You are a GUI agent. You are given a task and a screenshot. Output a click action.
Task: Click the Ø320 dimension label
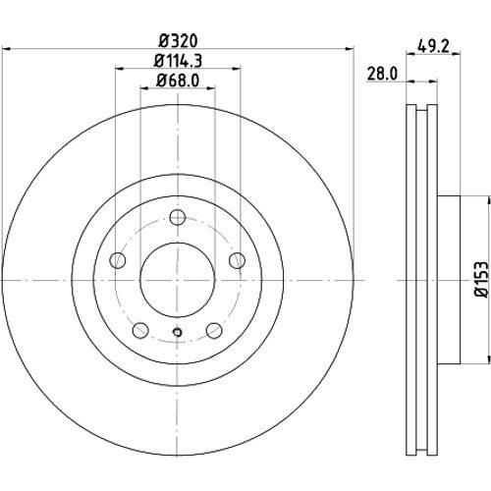tap(179, 41)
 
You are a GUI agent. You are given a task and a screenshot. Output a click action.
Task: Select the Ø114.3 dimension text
tap(178, 61)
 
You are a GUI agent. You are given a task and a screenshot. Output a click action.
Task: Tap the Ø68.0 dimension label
tap(178, 81)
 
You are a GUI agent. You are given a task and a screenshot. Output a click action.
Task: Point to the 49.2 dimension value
tap(433, 47)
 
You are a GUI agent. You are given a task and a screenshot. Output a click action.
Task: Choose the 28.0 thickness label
tap(382, 74)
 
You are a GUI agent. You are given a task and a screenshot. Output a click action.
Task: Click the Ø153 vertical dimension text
tap(481, 279)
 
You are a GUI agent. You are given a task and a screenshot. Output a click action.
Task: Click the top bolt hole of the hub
tap(178, 217)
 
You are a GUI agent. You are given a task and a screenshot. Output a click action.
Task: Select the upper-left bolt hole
tap(118, 260)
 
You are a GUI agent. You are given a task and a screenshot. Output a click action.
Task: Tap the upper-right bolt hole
tap(238, 260)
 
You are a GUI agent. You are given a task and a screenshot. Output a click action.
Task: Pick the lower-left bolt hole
tap(140, 330)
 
